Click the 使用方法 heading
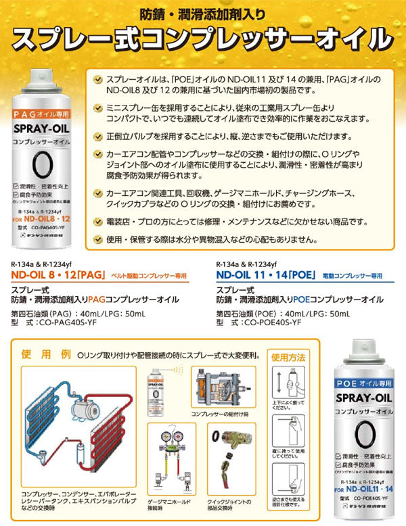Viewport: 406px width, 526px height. pyautogui.click(x=288, y=356)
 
